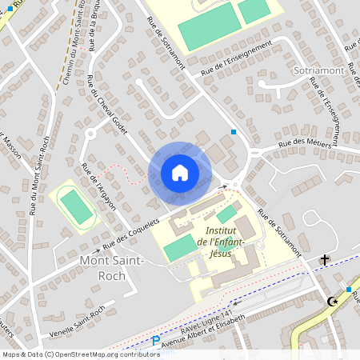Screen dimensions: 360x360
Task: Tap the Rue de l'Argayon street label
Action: (x=98, y=186)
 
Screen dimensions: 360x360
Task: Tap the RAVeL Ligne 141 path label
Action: (x=206, y=319)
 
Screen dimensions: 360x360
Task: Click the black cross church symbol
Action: (x=325, y=260)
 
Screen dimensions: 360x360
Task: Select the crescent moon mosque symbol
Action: (x=332, y=302)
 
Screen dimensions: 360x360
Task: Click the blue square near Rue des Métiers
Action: (x=234, y=131)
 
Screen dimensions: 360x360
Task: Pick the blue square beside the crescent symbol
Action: (x=349, y=289)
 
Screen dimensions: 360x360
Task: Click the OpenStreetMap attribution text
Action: (x=80, y=354)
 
